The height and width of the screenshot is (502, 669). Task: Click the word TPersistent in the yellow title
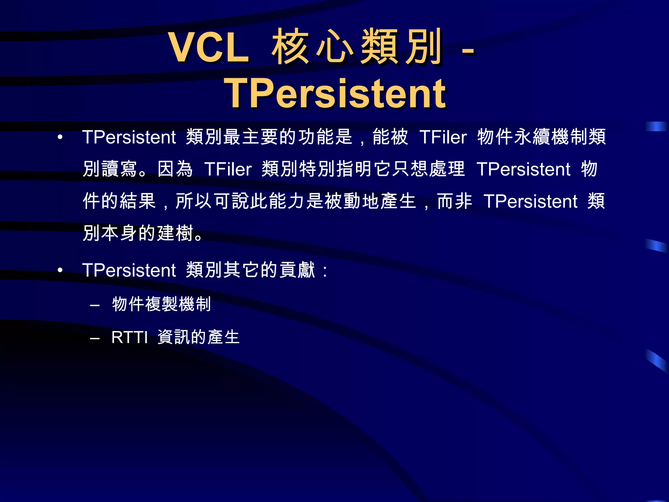334,94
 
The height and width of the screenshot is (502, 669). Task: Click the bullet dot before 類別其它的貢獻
60,270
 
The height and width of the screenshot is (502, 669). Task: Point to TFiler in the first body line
443,137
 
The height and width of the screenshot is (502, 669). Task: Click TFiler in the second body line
228,169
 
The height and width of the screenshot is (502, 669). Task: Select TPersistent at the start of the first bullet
129,137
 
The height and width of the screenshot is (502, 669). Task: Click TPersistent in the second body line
523,169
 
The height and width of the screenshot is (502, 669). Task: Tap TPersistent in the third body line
530,201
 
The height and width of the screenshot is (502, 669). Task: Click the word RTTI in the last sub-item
129,337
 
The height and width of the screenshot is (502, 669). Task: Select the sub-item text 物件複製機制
161,304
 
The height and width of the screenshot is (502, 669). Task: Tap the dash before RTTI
95,339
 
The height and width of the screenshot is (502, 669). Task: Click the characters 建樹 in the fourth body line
175,233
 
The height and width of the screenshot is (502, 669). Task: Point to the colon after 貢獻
324,271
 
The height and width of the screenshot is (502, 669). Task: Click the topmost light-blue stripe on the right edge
656,126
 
